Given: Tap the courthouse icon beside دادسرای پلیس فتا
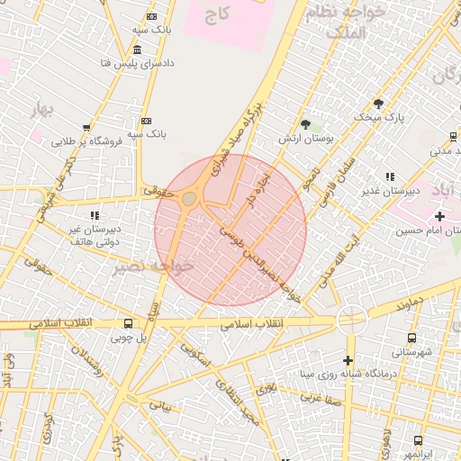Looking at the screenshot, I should (137, 50).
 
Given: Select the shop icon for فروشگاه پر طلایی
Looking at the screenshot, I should (86, 128).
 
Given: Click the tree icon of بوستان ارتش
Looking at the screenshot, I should (305, 123).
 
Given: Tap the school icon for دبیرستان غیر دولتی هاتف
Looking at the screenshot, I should (95, 215).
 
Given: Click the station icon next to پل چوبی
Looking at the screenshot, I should (128, 323).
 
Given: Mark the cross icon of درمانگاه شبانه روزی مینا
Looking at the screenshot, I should (348, 360).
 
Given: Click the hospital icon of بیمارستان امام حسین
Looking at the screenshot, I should (439, 216).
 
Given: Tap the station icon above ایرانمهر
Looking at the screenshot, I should (418, 439).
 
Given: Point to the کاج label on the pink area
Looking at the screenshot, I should (217, 15).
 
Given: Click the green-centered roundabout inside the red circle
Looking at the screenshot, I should (190, 198).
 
